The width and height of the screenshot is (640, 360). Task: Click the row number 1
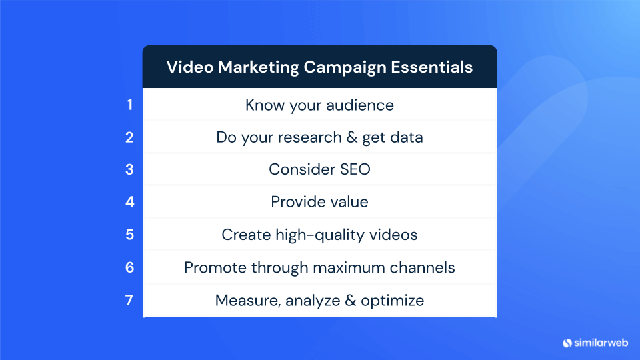[130, 105]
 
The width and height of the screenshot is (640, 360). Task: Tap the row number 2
[130, 137]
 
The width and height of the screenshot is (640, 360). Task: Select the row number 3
[130, 170]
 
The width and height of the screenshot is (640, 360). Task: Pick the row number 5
[130, 235]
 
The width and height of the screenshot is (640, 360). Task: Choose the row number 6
[130, 267]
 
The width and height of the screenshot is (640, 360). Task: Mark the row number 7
[130, 300]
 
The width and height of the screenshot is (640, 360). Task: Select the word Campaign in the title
[345, 67]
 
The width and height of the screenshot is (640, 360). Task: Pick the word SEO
[353, 170]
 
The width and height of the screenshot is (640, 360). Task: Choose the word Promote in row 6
[214, 268]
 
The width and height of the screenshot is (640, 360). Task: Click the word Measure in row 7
[247, 301]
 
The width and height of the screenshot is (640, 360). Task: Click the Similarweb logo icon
[568, 343]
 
